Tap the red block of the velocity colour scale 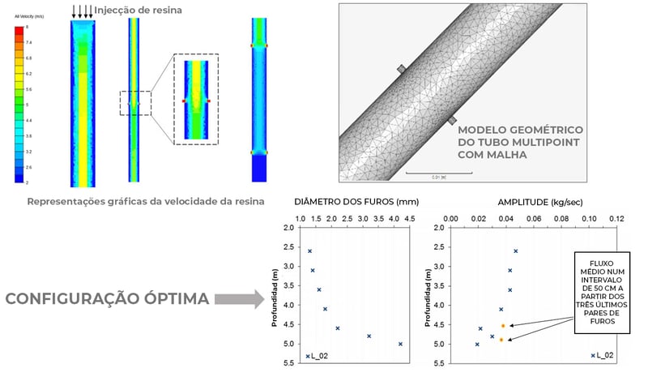coord(19,30)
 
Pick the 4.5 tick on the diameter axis coord(409,219)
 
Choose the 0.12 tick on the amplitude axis coord(619,219)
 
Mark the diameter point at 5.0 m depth coord(400,345)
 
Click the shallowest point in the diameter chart coord(309,251)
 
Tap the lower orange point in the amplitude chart coord(501,340)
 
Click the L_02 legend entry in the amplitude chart coord(601,356)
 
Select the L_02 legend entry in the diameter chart coord(317,356)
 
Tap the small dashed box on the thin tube coord(134,103)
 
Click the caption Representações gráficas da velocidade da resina coord(141,203)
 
